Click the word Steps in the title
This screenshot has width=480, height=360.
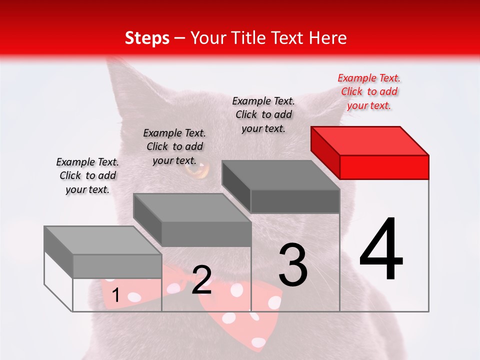pyautogui.click(x=147, y=38)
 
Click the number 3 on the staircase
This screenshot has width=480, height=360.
pyautogui.click(x=293, y=265)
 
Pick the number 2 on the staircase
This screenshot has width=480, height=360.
pyautogui.click(x=201, y=280)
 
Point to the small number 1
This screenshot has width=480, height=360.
pyautogui.click(x=116, y=295)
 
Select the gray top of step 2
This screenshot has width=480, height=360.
pyautogui.click(x=192, y=207)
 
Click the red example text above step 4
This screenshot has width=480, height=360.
pyautogui.click(x=369, y=92)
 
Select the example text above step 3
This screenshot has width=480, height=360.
pyautogui.click(x=263, y=114)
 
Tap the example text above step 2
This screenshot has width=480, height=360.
pyautogui.click(x=174, y=146)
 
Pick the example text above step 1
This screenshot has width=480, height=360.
pyautogui.click(x=87, y=175)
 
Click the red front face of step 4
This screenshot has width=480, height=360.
pyautogui.click(x=384, y=167)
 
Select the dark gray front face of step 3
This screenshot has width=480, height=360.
pyautogui.click(x=295, y=201)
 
